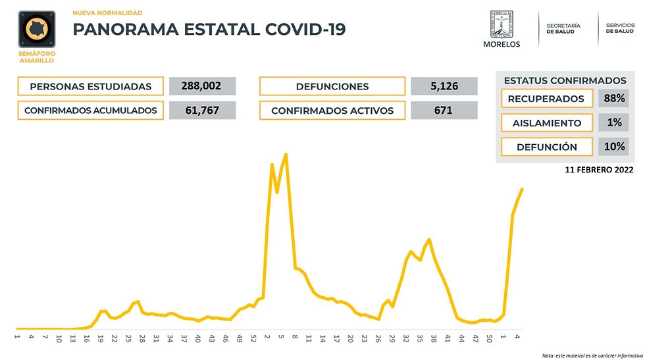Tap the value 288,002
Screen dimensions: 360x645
(202, 86)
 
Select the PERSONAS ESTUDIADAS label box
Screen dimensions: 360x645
(91, 86)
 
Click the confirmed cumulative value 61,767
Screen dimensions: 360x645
(202, 110)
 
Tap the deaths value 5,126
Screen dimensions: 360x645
(444, 86)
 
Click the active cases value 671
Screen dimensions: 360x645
(444, 110)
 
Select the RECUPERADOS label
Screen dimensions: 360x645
(546, 99)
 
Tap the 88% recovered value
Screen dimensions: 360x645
(613, 99)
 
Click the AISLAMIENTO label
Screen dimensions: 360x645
(546, 122)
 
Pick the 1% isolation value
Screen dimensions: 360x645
(613, 122)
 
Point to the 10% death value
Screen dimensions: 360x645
(613, 147)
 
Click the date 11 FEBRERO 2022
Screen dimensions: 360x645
(600, 169)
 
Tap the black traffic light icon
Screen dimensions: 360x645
(36, 30)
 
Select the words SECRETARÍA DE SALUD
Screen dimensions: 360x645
(563, 28)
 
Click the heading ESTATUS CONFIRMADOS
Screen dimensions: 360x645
(565, 80)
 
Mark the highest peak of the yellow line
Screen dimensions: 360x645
(286, 155)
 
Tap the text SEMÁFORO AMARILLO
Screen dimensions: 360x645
(36, 57)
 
